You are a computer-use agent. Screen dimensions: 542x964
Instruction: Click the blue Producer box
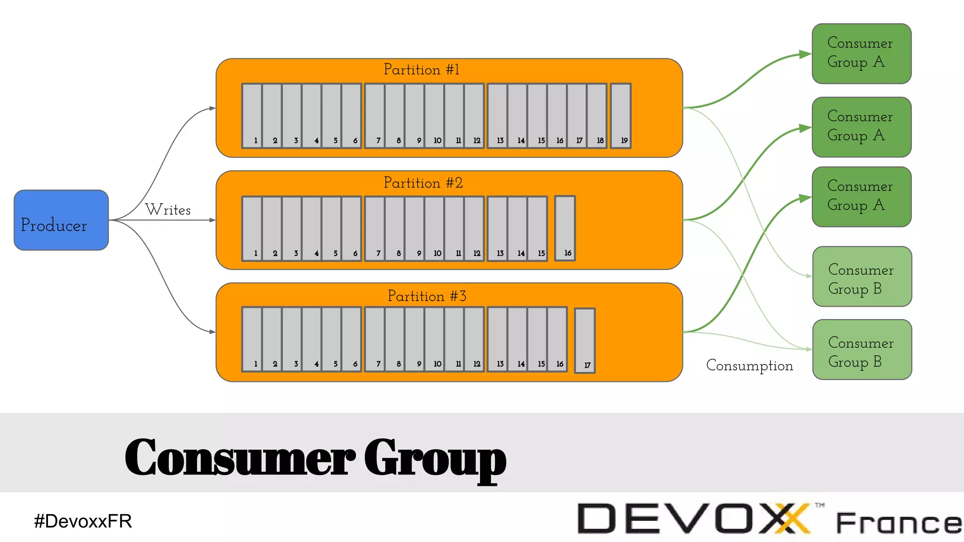(61, 220)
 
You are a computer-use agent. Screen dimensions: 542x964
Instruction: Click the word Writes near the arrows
(168, 210)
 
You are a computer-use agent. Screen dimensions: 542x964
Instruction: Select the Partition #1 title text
(421, 70)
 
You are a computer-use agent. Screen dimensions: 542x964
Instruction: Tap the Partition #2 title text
(423, 183)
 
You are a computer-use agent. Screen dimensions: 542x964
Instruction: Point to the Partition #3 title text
(427, 296)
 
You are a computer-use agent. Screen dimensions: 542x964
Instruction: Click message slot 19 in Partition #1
(620, 116)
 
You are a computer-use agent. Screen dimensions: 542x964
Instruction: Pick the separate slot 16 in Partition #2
(565, 228)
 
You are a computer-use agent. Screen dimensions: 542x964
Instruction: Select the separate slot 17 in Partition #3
(585, 341)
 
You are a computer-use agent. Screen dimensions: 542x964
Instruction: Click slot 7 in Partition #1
(375, 116)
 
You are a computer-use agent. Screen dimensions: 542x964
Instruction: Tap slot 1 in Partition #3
(252, 339)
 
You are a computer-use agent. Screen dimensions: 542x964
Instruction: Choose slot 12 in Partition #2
(474, 228)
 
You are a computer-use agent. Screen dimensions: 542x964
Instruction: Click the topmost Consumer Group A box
(861, 54)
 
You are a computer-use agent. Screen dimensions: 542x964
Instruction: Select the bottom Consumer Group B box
(862, 350)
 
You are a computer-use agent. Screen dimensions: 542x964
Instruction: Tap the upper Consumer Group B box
(862, 277)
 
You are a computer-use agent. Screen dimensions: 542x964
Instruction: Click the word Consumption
(749, 366)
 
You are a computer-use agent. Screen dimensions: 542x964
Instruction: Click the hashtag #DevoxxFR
(83, 521)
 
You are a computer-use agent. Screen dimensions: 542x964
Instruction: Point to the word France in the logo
(898, 523)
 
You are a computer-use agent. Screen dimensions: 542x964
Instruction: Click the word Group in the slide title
(435, 458)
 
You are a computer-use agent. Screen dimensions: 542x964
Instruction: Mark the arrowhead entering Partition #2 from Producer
(212, 220)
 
